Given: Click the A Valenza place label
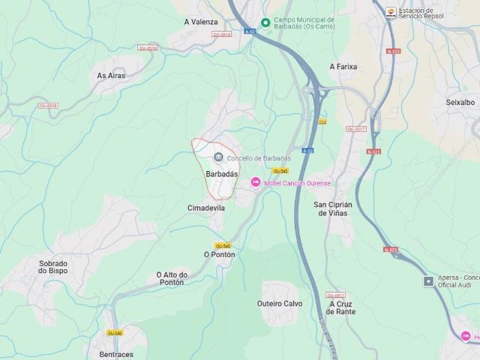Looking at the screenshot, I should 200,22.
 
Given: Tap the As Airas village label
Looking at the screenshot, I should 112,75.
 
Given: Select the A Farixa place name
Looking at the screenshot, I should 343,66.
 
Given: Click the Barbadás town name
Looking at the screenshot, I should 221,173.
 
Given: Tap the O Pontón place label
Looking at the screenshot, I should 219,254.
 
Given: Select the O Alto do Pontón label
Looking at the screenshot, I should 171,278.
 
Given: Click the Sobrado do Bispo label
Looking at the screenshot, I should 53,267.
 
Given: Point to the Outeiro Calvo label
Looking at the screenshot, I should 280,303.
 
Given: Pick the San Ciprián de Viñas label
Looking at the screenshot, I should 330,208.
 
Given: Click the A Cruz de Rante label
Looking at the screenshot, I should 342,307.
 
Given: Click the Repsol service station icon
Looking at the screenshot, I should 390,11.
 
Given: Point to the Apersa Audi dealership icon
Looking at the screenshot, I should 428,281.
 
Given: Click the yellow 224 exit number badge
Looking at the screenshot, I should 322,121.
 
